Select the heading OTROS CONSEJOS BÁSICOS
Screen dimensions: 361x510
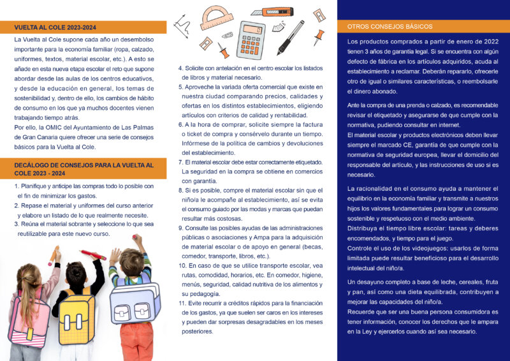pos(390,27)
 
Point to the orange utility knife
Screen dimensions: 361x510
pos(272,12)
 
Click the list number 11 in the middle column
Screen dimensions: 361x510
pos(182,303)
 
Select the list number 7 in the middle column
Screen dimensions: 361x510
pos(180,162)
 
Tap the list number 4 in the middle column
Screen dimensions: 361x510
pos(180,68)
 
